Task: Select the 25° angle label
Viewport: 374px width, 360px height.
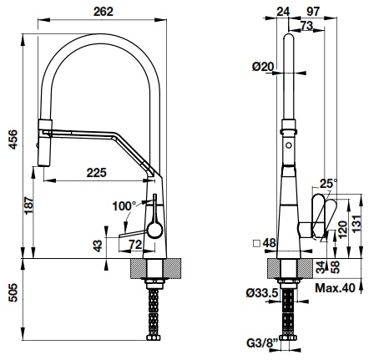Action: tap(327, 182)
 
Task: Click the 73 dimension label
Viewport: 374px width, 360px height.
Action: tap(308, 27)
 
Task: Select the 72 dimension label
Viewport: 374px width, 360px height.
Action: tap(134, 244)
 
